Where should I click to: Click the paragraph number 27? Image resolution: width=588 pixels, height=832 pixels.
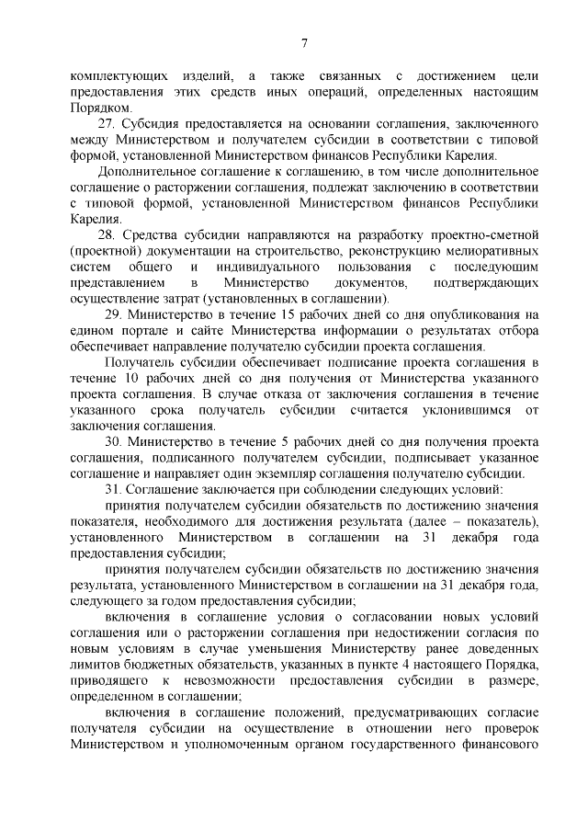click(x=107, y=123)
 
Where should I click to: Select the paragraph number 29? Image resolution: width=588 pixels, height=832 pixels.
click(x=108, y=315)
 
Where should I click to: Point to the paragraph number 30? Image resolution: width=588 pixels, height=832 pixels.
click(x=108, y=442)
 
